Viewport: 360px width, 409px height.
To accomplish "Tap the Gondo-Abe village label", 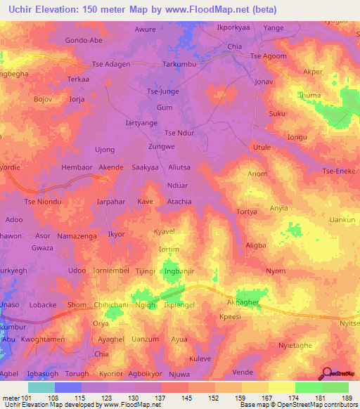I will click(84, 40).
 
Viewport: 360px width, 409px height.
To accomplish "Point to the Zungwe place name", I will click(161, 146).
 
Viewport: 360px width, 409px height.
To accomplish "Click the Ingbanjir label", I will click(180, 271).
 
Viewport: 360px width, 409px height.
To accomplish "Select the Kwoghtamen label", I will click(44, 339).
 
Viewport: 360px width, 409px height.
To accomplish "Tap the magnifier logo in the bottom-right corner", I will click(326, 374).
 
